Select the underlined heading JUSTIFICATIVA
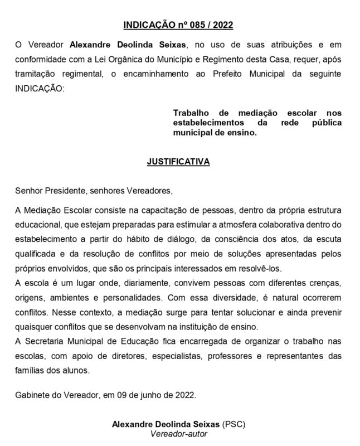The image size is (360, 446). click(x=178, y=162)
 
